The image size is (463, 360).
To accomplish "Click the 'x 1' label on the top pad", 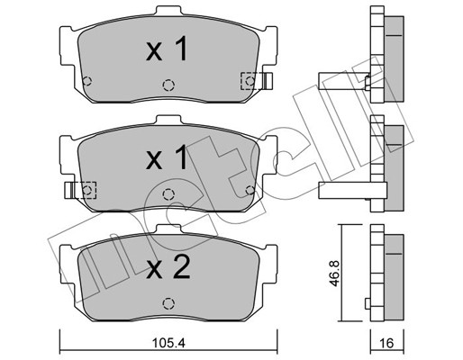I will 167,51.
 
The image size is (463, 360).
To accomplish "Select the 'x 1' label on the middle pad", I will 167,160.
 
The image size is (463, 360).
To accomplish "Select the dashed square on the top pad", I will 248,81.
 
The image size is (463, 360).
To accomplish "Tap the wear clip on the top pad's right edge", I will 268,82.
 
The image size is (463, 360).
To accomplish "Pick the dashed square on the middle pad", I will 87,190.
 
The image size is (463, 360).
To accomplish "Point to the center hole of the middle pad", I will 167,193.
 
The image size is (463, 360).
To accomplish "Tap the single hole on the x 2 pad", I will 167,302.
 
